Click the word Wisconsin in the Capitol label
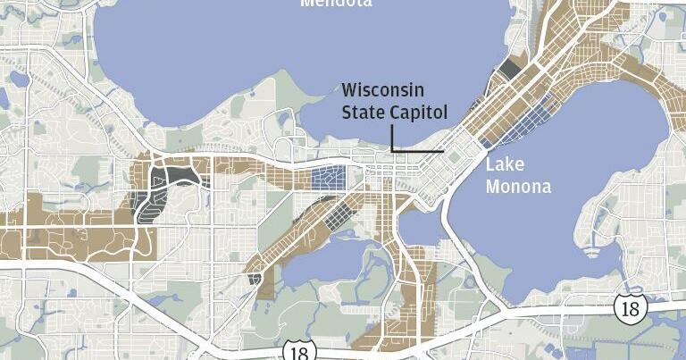(383, 91)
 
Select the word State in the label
(364, 112)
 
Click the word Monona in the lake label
(518, 186)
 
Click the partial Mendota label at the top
(336, 4)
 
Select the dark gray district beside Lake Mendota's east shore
(510, 69)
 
